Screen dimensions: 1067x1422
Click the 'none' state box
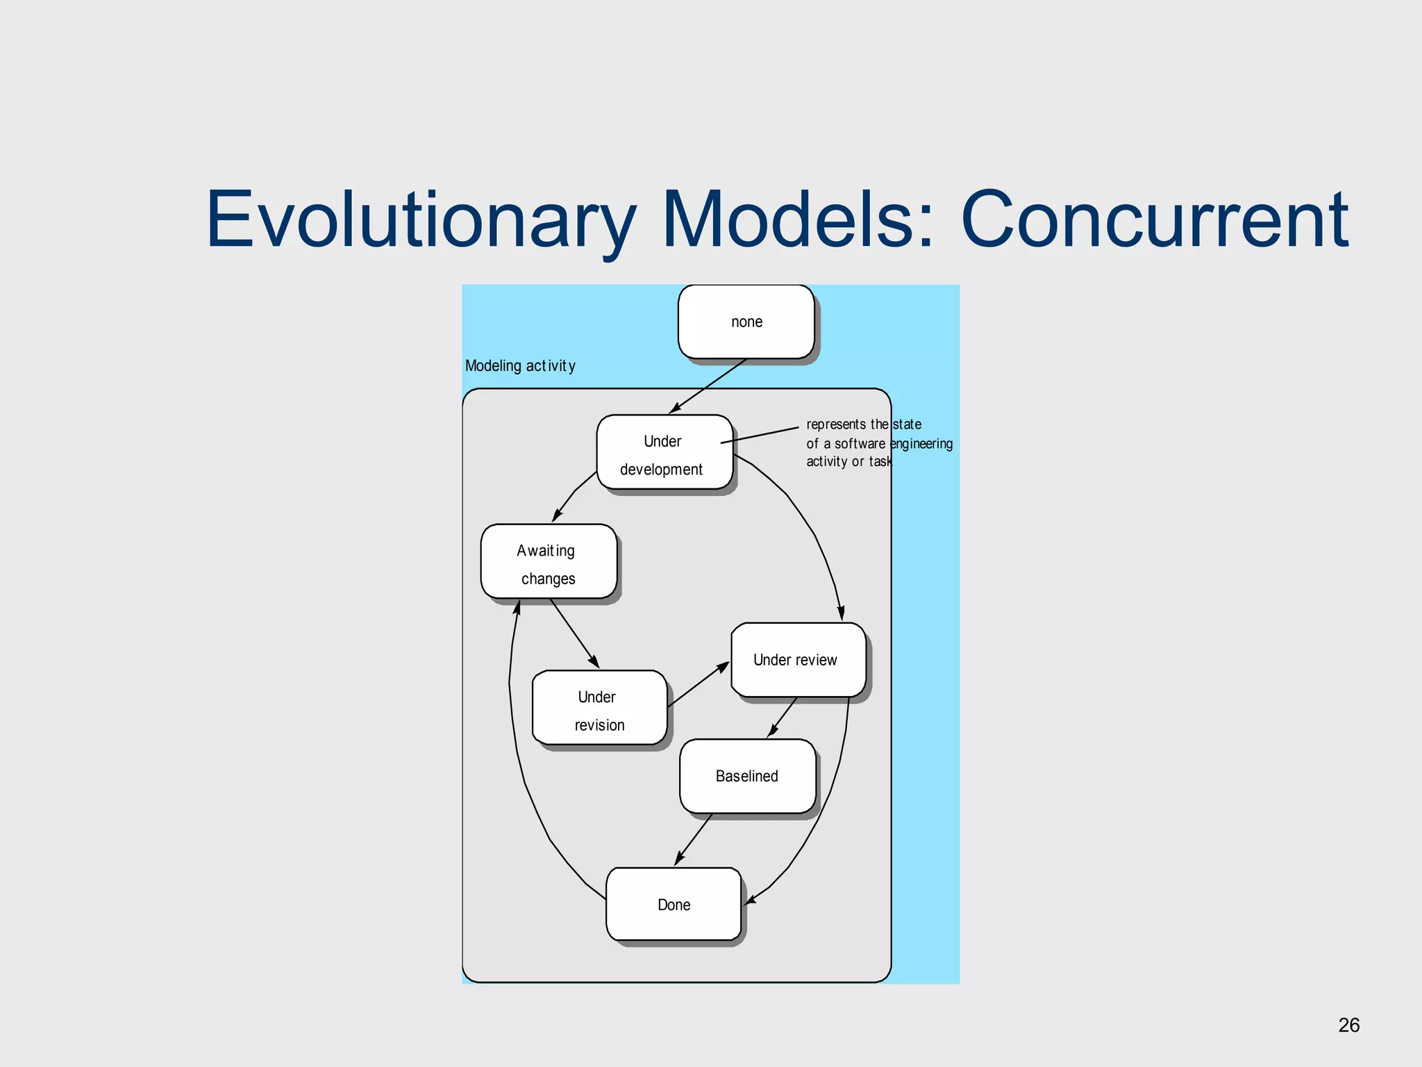(746, 322)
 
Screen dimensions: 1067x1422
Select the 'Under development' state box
(664, 452)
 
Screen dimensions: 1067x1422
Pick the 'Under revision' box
(599, 708)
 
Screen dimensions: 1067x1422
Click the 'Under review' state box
(798, 660)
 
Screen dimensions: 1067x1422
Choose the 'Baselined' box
(747, 776)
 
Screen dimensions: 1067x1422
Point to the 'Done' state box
(674, 904)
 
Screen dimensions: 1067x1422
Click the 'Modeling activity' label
(520, 366)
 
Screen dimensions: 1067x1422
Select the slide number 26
(1348, 1025)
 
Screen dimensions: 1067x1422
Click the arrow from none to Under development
(708, 386)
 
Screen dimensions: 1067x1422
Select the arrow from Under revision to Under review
(698, 685)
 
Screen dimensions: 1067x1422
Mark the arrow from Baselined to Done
(694, 839)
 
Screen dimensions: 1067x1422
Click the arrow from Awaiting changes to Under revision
(574, 634)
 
